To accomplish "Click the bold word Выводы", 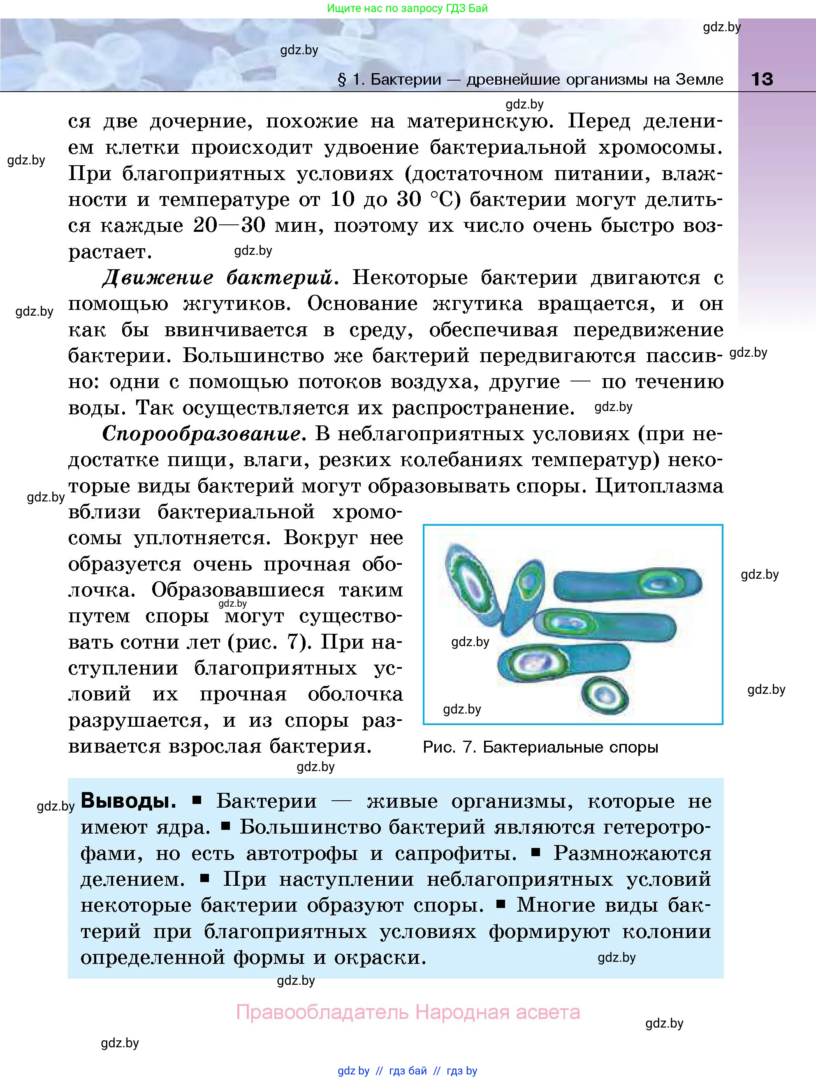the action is [x=128, y=801].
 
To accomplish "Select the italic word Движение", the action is [x=158, y=277].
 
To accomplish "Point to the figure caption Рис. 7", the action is [x=449, y=747].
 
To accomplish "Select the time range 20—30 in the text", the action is [x=229, y=226].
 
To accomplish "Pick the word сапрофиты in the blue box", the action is [x=455, y=853].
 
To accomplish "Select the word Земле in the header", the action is [x=699, y=79].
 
